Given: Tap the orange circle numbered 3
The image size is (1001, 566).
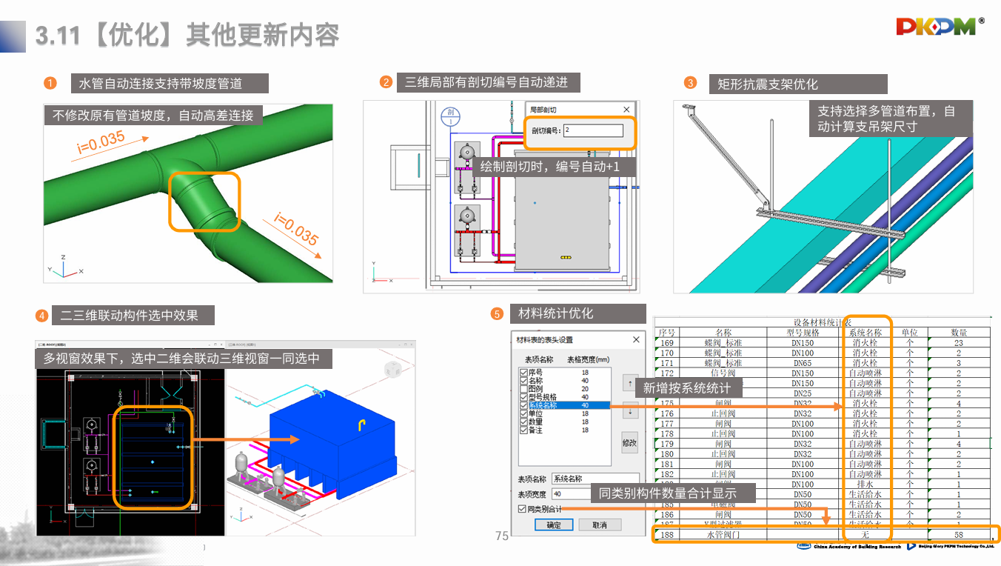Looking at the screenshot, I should [690, 83].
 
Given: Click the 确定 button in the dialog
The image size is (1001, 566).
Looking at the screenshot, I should [554, 525].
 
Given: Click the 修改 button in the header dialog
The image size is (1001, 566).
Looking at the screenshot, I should [629, 442].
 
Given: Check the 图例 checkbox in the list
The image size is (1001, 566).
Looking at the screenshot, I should [523, 388].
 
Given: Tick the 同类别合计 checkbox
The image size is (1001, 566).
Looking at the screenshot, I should [522, 509].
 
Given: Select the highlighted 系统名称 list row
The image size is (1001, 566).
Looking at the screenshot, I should [566, 405].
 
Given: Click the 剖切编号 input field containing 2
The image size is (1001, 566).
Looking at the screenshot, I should [592, 130].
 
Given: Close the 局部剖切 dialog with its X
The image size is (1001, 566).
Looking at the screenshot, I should [626, 110].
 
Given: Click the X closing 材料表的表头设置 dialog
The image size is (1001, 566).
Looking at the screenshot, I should [636, 339].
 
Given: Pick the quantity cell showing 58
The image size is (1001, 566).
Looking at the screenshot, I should [959, 534].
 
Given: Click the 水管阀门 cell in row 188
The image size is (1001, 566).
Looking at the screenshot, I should [723, 534].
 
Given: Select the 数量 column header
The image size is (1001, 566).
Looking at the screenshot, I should [959, 333].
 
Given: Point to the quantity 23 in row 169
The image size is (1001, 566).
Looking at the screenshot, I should [959, 343].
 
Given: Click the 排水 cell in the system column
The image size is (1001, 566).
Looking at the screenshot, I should [865, 484].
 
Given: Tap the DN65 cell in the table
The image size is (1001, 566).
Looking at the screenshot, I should [803, 363].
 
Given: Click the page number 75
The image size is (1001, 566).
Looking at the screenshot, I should [502, 536].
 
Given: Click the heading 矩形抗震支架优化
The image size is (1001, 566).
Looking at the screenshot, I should [767, 84].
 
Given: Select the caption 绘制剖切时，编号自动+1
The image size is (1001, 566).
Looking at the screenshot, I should [550, 167].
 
